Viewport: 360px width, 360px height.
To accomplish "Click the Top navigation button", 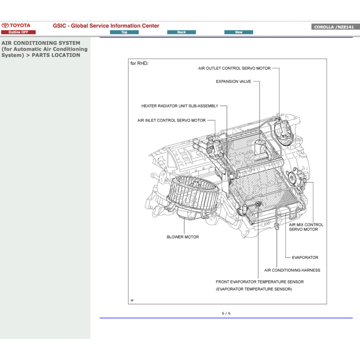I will pos(124,32).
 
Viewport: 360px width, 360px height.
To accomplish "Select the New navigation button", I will pos(239,32).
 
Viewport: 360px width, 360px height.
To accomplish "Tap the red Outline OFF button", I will pos(18,32).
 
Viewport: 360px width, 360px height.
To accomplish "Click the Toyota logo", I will pos(16,25).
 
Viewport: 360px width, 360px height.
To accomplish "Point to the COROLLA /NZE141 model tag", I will pos(334,27).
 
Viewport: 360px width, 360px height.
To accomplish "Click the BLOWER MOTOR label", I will pos(183,237).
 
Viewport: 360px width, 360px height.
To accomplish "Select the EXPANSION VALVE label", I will pos(233,82).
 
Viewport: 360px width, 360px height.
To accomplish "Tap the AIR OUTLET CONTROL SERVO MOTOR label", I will pos(234,68).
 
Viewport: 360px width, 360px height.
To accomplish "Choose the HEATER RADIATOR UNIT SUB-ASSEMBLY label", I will pos(180,106).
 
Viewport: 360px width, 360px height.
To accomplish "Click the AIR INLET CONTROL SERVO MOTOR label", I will pos(172,120).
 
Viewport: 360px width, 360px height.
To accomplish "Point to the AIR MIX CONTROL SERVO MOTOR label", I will pos(306,227).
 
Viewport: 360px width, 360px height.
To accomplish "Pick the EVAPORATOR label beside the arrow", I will pos(305,257).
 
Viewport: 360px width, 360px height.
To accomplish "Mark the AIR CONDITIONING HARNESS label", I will pos(292,270).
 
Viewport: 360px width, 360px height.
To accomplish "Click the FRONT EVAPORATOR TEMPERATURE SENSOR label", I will pos(259,282).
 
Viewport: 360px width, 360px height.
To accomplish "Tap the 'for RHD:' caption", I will pos(140,63).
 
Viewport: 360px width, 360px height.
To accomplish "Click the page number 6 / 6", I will pos(226,313).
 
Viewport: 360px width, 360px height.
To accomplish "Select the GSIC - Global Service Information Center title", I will pos(106,26).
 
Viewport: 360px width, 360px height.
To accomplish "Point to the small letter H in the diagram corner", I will pos(132,301).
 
